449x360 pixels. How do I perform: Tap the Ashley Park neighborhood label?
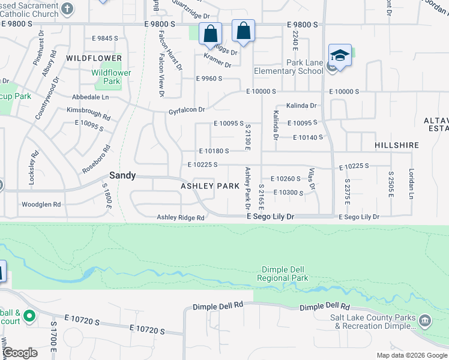point(211,187)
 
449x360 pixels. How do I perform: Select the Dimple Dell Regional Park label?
point(282,274)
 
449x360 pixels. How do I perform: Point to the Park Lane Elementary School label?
point(297,67)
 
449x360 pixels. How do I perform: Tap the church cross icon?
point(68,9)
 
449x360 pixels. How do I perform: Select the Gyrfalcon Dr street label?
point(187,110)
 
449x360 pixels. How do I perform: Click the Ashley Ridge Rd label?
point(181,218)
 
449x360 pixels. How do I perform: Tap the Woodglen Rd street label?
point(41,205)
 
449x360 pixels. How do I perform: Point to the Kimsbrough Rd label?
point(88,114)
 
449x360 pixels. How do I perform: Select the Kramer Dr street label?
point(217,60)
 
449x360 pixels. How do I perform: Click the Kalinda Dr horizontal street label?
point(301,106)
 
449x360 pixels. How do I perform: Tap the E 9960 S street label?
point(209,79)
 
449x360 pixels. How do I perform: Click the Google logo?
point(21,353)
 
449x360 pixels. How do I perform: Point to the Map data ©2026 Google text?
point(411,355)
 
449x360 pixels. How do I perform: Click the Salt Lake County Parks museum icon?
point(426,320)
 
